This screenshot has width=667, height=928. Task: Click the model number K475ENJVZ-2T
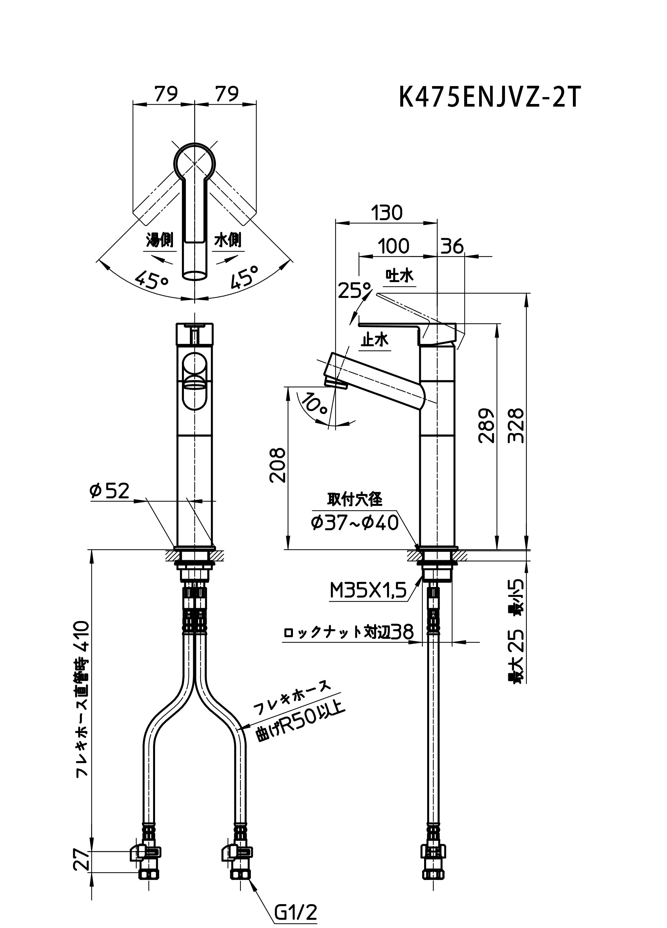[490, 98]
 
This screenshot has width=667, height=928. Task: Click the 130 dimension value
[387, 213]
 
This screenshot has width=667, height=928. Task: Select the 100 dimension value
[393, 247]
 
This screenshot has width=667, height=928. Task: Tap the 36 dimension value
[452, 247]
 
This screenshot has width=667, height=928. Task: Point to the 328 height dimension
[516, 425]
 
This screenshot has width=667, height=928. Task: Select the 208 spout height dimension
[278, 465]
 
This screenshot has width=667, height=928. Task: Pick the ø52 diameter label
[109, 491]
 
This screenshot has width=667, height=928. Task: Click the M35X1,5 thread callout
[368, 590]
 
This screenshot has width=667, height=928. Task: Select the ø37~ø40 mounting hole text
[355, 523]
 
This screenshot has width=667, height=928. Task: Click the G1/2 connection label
[296, 910]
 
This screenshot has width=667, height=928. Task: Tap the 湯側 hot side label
[160, 240]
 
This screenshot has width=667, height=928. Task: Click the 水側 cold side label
[228, 240]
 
